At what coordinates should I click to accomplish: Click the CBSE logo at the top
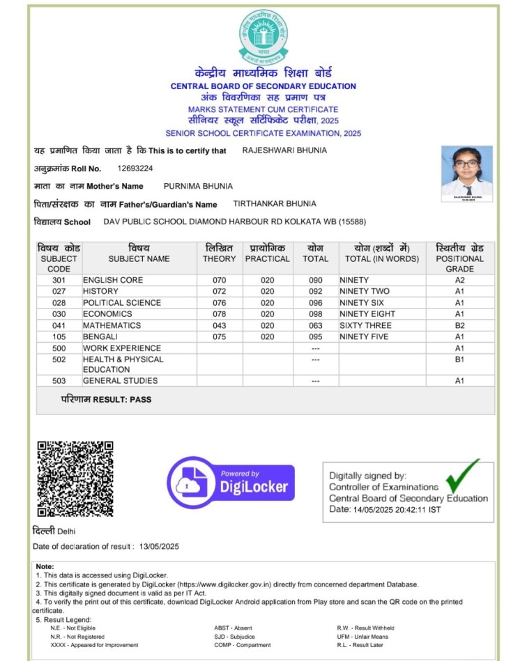click(x=263, y=36)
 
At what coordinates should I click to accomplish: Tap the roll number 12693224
click(x=135, y=169)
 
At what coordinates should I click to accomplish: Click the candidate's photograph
click(x=467, y=171)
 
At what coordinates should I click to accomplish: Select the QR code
click(x=75, y=478)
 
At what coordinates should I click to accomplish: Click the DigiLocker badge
click(x=231, y=482)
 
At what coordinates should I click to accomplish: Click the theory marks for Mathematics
click(x=220, y=325)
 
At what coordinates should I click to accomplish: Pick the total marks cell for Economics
click(x=315, y=314)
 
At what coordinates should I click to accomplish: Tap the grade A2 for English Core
click(x=459, y=280)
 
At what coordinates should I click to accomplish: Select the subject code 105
click(x=59, y=336)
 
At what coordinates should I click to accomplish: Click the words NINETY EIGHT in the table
click(x=367, y=314)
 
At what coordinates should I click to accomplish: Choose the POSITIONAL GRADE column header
click(x=459, y=258)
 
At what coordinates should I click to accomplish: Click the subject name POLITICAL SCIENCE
click(x=122, y=303)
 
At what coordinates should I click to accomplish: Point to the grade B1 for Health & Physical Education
click(x=459, y=359)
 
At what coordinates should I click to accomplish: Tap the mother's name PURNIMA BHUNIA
click(x=198, y=186)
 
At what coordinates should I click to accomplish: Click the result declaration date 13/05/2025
click(x=159, y=547)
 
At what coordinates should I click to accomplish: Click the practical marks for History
click(x=268, y=291)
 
